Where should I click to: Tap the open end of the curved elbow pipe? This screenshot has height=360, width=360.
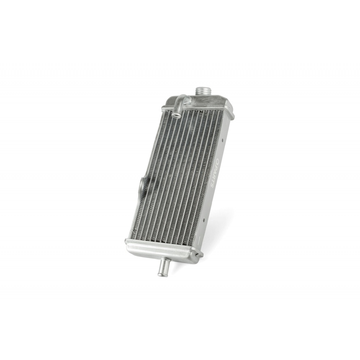tap(176, 113)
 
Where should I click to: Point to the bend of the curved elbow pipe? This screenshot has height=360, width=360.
tap(183, 97)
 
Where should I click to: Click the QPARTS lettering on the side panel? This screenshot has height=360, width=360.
tap(215, 174)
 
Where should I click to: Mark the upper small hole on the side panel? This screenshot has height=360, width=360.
tap(222, 139)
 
